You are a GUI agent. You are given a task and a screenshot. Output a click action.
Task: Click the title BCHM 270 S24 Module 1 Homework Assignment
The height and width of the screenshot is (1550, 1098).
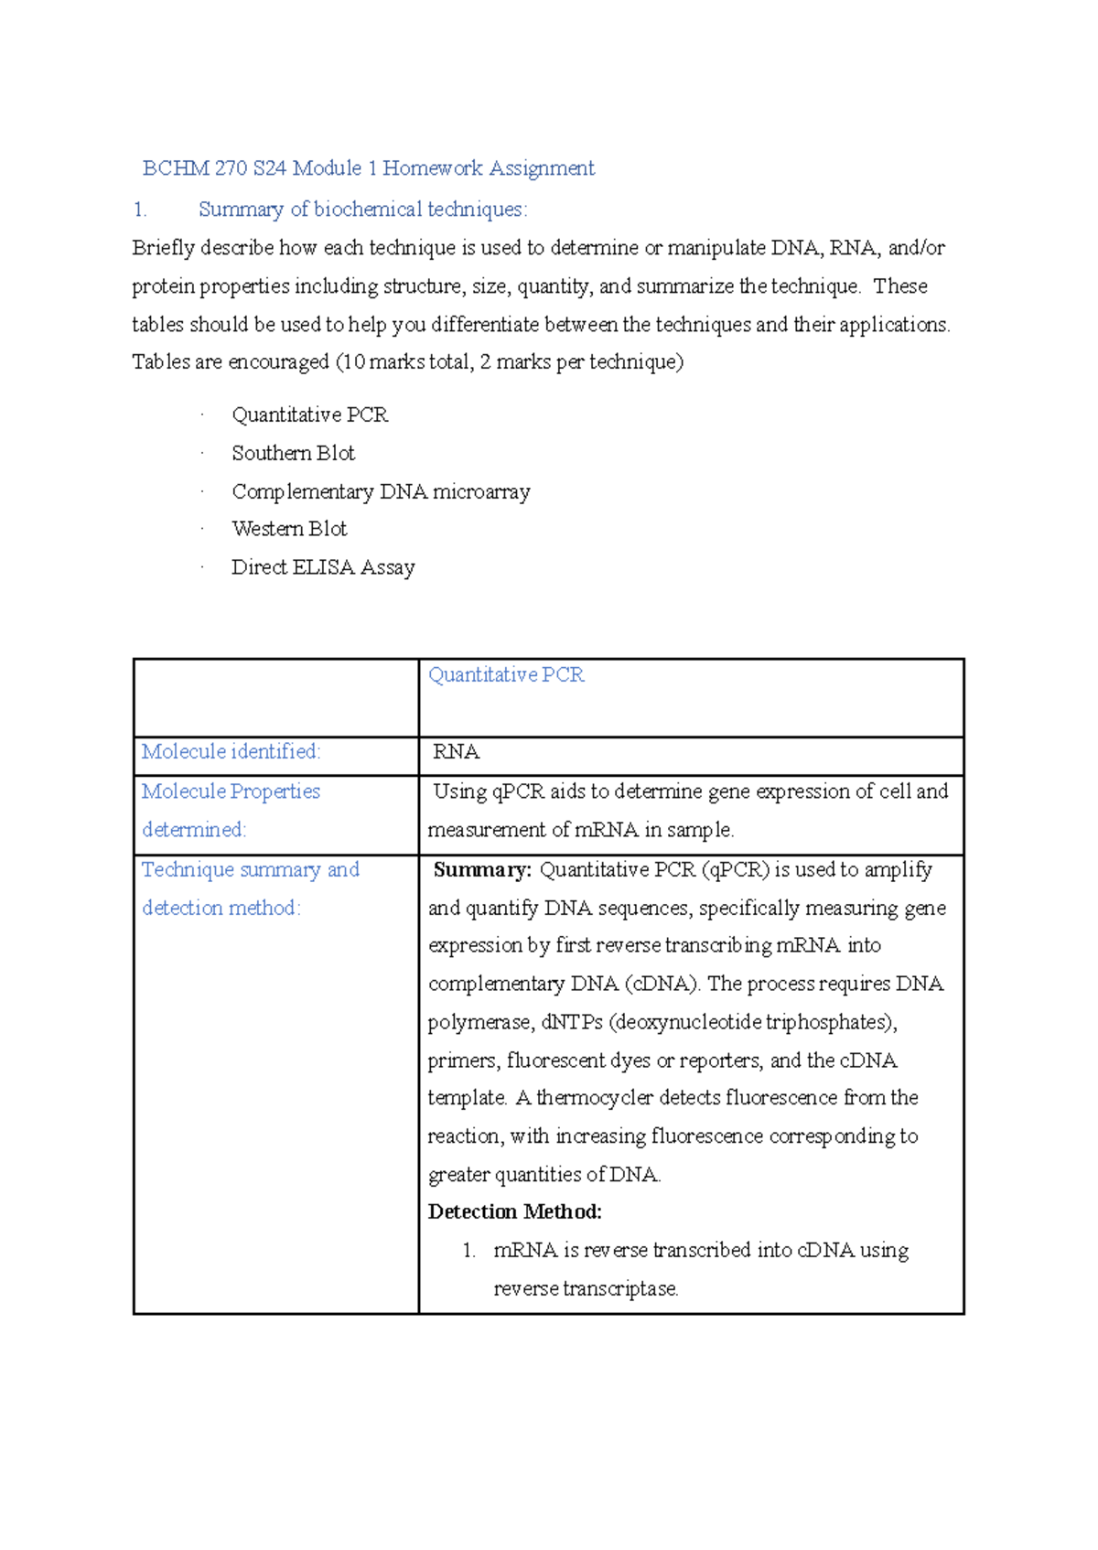coord(368,168)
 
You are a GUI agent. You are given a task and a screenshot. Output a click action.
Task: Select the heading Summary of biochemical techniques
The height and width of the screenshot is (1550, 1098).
coord(362,210)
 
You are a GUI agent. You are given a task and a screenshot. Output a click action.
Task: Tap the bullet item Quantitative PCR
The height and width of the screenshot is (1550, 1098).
coord(309,415)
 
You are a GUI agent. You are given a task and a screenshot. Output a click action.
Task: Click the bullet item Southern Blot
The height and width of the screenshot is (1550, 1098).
coord(293,454)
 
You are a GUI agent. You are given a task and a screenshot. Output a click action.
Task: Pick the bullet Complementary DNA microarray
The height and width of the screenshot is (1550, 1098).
coord(381,492)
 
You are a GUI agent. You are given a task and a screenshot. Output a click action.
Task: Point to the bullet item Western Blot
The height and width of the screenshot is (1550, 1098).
coord(289,529)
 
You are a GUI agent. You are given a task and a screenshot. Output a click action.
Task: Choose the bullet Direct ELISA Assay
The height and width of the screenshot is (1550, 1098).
coord(323,567)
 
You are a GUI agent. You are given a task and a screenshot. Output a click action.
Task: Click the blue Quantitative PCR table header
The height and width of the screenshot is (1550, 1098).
coord(505,675)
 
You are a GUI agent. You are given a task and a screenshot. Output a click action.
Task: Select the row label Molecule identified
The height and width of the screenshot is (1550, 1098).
coord(231,752)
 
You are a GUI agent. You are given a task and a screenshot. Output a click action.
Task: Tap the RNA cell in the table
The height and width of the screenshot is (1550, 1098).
coord(456,752)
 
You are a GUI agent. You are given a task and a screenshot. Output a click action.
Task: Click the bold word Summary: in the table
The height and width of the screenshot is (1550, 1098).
coord(481,870)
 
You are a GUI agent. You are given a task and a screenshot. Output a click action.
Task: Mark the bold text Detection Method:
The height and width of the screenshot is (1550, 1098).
coord(514,1212)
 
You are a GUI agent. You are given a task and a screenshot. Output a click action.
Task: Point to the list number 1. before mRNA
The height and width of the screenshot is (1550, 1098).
coord(468,1251)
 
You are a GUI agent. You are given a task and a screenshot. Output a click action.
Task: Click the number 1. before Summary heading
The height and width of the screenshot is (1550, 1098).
coord(139,210)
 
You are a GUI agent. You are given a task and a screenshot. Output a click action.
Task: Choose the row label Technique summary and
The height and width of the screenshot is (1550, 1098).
coord(250,870)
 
